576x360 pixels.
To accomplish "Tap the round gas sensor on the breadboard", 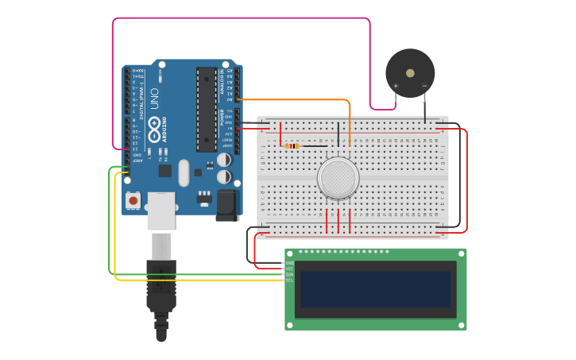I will click(x=338, y=177).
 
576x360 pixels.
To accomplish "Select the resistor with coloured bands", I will click(x=292, y=145).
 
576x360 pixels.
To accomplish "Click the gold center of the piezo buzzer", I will click(x=410, y=72).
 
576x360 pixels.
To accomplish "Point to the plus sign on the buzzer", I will click(x=396, y=86).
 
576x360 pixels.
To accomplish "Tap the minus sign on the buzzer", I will click(x=424, y=86).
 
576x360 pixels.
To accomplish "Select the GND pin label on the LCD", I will click(x=290, y=262).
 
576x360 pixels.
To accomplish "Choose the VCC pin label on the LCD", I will click(x=290, y=269).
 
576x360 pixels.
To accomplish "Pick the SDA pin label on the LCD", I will click(x=290, y=274).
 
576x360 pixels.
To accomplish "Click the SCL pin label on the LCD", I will click(x=290, y=280).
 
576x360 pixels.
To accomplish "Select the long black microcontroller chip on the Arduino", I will click(x=207, y=110).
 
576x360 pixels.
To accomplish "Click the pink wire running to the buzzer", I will click(x=238, y=18).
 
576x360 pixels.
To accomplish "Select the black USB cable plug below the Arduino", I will click(x=161, y=286).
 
